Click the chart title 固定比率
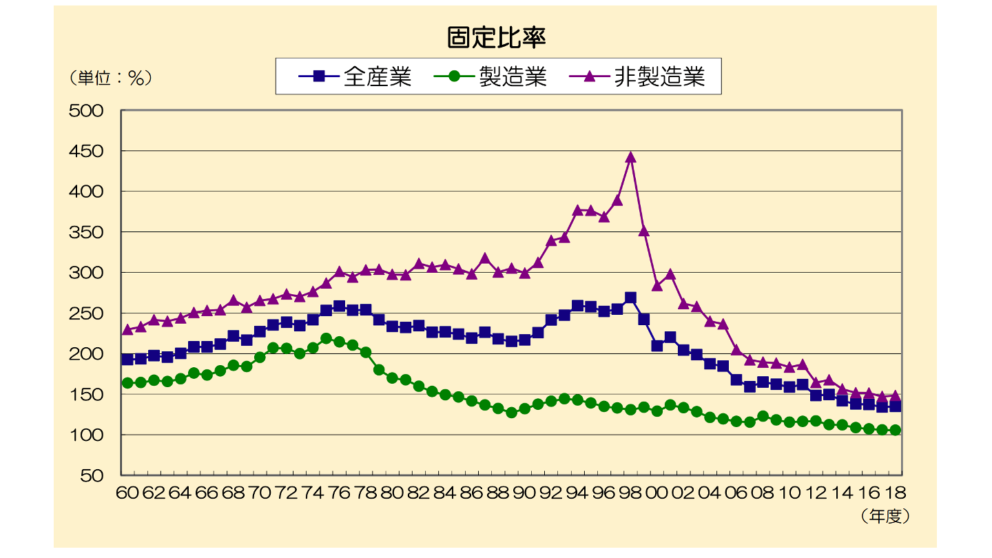[496, 38]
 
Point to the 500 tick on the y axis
[86, 111]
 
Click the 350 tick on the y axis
[86, 233]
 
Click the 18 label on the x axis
[896, 493]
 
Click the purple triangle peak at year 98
[630, 157]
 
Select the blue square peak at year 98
[630, 298]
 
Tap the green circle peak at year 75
[326, 338]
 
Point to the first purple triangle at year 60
[127, 329]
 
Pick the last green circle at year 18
[896, 430]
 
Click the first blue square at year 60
[127, 359]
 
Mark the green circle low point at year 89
[511, 413]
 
